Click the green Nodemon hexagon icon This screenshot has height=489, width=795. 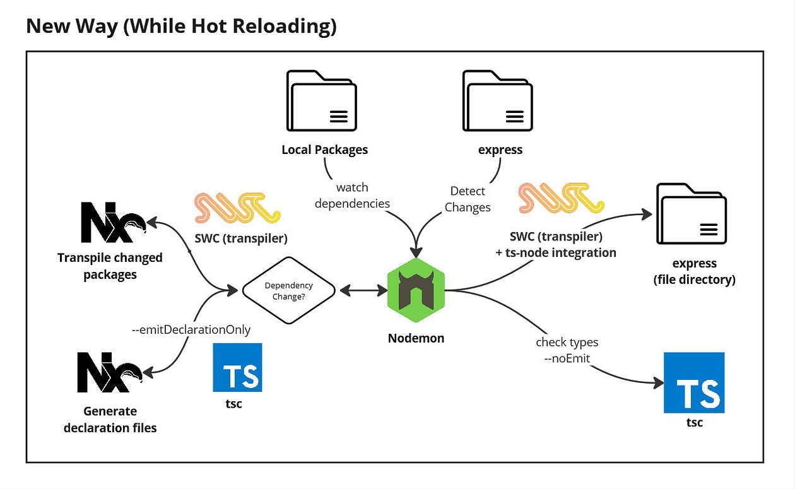click(x=416, y=290)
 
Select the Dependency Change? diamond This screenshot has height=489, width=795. click(x=289, y=290)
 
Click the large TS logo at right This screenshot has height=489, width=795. click(x=694, y=382)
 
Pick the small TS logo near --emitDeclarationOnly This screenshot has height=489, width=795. click(x=237, y=367)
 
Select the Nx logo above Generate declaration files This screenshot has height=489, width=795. click(x=110, y=372)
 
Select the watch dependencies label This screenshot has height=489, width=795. click(x=352, y=196)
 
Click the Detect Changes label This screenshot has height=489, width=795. click(x=468, y=199)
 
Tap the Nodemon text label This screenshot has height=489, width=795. click(x=416, y=338)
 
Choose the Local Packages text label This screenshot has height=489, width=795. click(x=325, y=150)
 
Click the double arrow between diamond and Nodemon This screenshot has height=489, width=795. click(x=364, y=290)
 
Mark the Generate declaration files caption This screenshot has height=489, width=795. click(x=110, y=420)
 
